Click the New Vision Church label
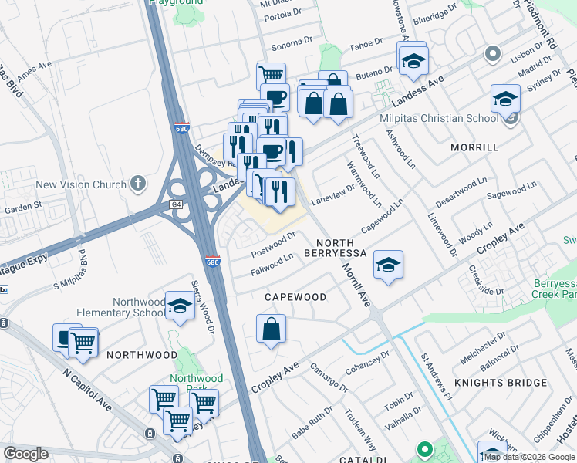tap(81, 184)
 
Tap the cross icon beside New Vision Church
tap(138, 184)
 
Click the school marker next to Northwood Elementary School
tap(180, 306)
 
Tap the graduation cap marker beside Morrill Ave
tap(388, 265)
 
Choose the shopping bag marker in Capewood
tap(272, 329)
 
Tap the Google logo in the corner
tap(26, 453)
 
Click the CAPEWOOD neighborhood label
tap(295, 297)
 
